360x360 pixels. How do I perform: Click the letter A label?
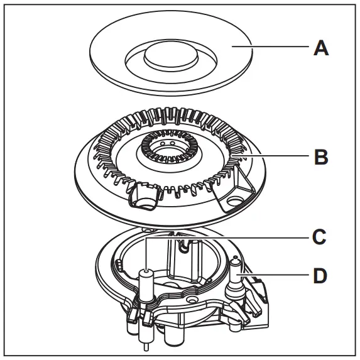[x=320, y=47]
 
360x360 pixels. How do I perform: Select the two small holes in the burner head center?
[x=167, y=143]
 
